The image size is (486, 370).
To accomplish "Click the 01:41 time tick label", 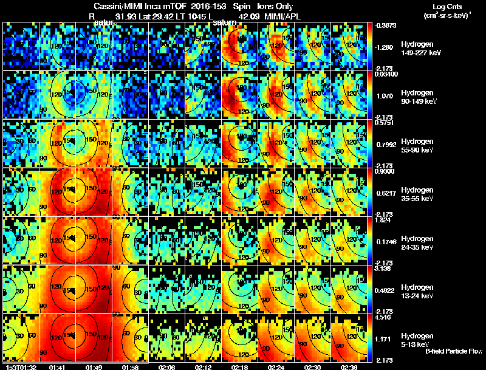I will click(57, 366).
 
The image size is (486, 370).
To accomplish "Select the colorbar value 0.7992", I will click(386, 145).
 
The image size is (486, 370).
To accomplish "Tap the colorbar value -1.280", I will click(386, 46).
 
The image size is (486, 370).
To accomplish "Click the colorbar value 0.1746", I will click(386, 242).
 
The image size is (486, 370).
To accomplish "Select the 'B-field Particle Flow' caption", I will click(453, 351).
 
